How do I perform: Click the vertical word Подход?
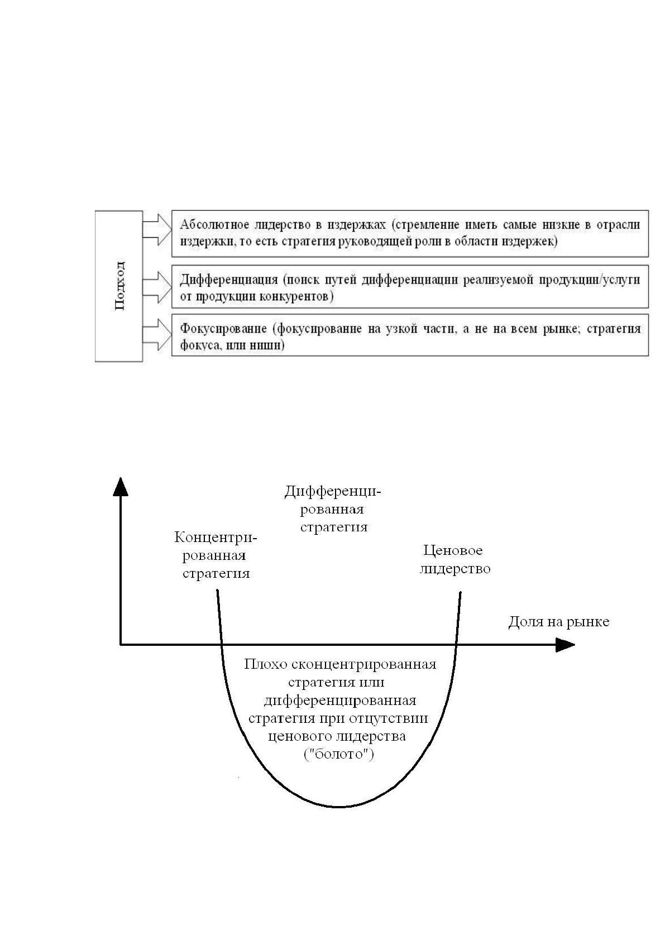coord(119,286)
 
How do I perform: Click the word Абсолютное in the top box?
coord(214,225)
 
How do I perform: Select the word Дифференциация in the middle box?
coord(229,280)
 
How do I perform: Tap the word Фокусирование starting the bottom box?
coord(223,329)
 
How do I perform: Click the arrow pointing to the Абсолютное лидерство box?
coord(157,229)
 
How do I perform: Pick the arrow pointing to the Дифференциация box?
coord(157,287)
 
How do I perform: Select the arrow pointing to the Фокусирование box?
coord(157,334)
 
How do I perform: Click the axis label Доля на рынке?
coord(559,621)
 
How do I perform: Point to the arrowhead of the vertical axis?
coord(121,487)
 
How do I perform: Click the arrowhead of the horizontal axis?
coord(565,645)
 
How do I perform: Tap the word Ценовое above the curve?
coord(453,550)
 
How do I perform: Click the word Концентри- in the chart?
coord(216,537)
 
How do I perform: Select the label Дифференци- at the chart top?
coord(333,492)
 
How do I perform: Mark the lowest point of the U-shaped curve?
coord(339,807)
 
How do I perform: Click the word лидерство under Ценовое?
coord(455,569)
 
